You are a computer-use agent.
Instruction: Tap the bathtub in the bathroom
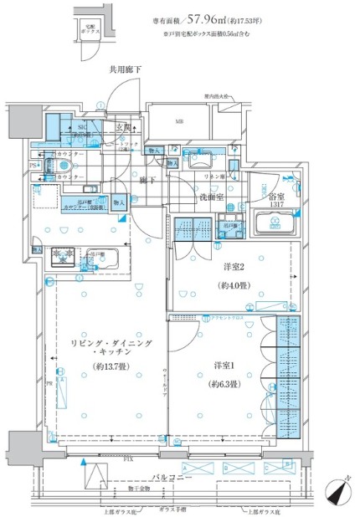(x=276, y=223)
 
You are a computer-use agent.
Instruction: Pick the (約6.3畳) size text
(x=220, y=384)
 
